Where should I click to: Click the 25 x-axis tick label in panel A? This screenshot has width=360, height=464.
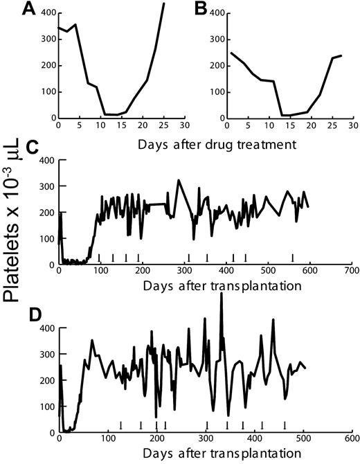tap(163, 125)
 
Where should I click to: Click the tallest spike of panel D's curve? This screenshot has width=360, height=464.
tap(221, 294)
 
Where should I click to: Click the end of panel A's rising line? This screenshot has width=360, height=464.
tap(164, 3)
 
